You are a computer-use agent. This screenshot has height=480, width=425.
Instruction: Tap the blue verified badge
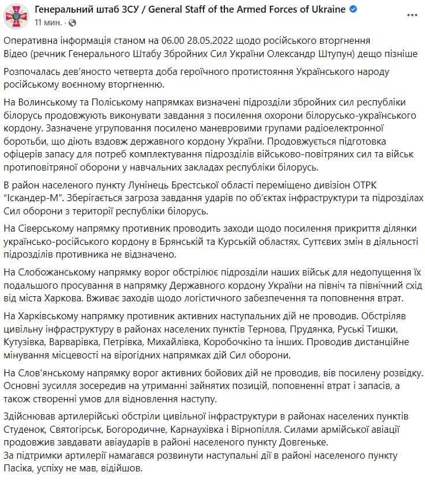(353, 10)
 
